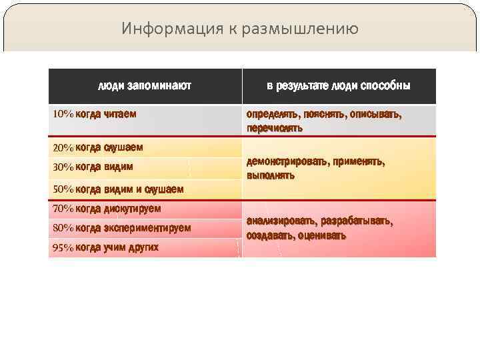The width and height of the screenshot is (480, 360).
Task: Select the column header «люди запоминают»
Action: click(x=145, y=86)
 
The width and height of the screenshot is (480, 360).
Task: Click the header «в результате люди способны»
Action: click(x=339, y=86)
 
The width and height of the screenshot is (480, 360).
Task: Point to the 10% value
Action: click(x=63, y=114)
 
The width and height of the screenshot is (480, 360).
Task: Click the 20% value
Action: click(x=63, y=147)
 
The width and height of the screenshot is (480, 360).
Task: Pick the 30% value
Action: click(x=63, y=167)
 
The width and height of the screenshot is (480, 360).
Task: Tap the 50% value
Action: click(x=63, y=189)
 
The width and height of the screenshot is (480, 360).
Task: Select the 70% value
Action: click(x=63, y=209)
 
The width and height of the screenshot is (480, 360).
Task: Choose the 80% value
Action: click(x=63, y=228)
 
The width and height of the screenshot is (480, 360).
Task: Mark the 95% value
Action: click(x=63, y=248)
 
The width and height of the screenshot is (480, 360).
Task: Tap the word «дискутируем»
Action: click(x=132, y=209)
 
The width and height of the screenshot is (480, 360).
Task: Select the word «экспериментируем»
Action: click(x=147, y=228)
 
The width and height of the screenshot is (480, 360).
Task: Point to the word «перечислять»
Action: click(x=275, y=128)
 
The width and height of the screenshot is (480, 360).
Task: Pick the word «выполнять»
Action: click(x=270, y=176)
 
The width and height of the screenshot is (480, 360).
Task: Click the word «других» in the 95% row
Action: click(x=143, y=248)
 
